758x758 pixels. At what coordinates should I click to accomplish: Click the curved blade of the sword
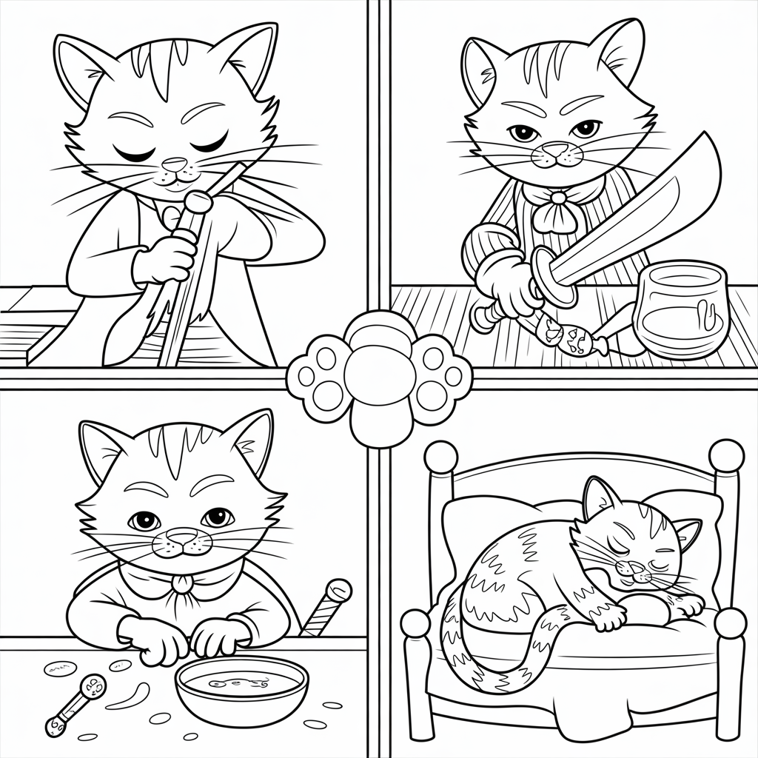coord(651,207)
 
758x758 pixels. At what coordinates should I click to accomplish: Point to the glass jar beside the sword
coord(678,309)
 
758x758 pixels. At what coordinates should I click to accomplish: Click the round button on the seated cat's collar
coord(178,586)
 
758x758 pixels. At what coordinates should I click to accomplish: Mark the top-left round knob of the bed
coord(441,457)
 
